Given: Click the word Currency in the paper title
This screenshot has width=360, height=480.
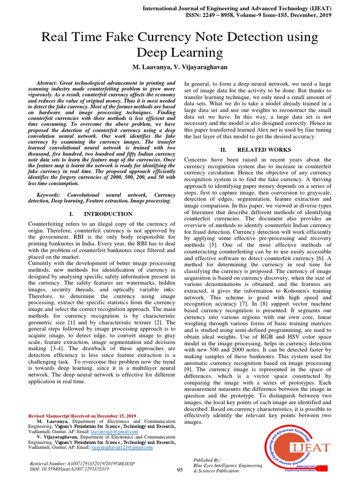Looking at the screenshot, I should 172,37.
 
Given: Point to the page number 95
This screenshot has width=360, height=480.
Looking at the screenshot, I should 180,470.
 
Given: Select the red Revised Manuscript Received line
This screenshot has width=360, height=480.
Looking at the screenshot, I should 83,416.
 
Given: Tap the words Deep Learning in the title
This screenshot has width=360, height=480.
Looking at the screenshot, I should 180,52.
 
